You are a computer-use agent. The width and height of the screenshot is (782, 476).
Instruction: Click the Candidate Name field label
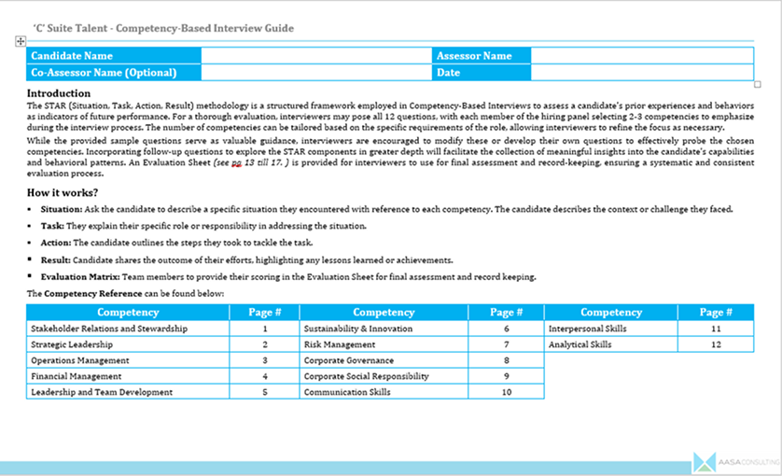click(72, 56)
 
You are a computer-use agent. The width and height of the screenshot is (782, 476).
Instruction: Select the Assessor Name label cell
click(475, 56)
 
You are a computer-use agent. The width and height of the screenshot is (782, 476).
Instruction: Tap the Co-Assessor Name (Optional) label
click(104, 72)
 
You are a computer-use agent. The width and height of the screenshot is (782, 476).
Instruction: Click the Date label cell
click(449, 72)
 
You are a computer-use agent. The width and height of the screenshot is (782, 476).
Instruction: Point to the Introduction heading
click(59, 93)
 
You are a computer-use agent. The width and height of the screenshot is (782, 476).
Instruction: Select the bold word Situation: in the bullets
click(62, 209)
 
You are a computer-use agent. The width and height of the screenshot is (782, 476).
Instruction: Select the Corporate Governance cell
click(349, 360)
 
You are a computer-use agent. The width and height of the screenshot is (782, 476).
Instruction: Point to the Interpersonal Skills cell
click(588, 329)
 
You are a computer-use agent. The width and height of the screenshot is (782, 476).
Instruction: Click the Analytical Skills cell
click(580, 344)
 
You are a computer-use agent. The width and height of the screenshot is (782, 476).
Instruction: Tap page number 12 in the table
click(716, 344)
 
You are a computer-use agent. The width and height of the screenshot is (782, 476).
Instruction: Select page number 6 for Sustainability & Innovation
click(506, 329)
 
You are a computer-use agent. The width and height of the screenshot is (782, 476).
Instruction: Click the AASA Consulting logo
click(732, 462)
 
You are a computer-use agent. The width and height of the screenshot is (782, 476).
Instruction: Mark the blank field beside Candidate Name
click(316, 56)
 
